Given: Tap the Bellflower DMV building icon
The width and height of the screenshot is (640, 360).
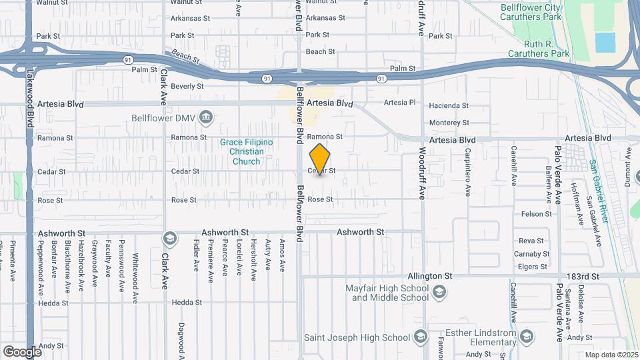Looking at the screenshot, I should point(207,118).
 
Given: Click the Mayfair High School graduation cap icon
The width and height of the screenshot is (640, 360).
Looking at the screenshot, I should point(439,292).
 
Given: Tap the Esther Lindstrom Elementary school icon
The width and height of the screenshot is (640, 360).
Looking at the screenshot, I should point(527,335).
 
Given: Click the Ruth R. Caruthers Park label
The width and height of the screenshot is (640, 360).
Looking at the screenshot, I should point(539,48).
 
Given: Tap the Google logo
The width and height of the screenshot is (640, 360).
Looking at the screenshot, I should point(22,351).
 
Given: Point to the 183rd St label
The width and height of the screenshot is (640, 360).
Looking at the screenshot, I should point(583,275).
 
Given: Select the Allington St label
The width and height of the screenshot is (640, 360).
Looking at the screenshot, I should point(431,275).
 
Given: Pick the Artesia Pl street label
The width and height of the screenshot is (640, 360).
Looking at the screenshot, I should point(400,102).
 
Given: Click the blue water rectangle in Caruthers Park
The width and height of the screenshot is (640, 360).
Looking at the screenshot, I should point(605,42).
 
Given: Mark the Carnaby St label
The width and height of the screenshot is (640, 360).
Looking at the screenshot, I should point(530,254).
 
